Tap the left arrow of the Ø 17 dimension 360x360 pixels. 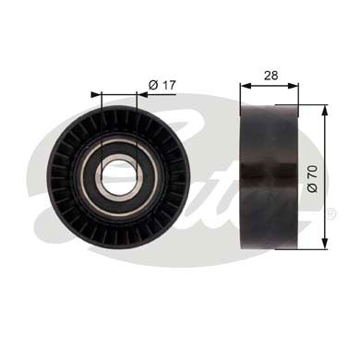95,93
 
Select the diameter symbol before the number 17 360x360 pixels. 152,84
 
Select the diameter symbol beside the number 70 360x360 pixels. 314,188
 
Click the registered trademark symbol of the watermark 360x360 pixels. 330,214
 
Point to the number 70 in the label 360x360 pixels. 314,173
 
